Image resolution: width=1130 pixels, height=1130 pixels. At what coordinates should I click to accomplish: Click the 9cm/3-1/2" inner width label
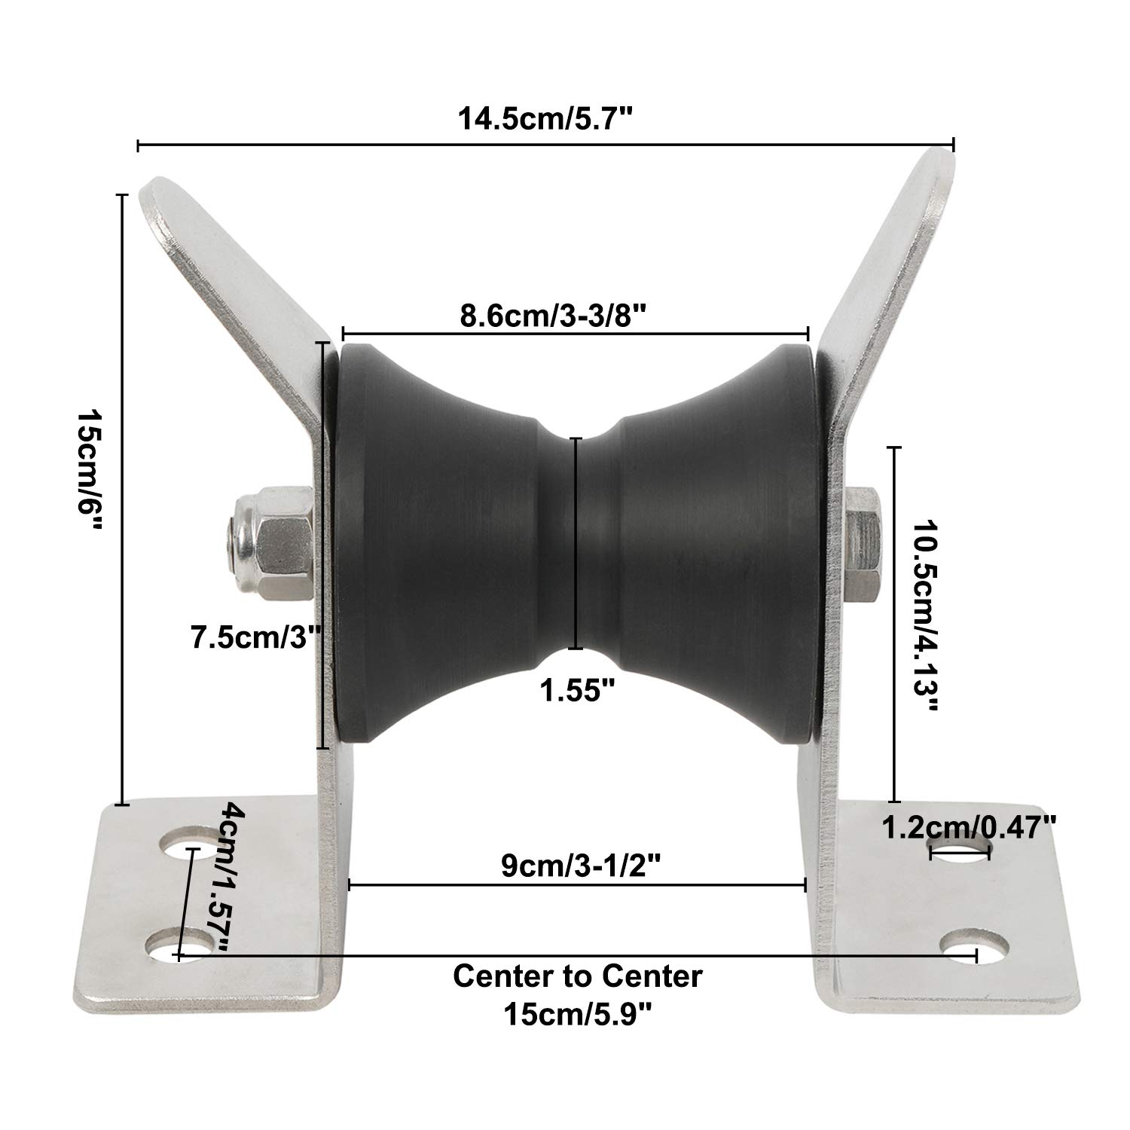(x=581, y=866)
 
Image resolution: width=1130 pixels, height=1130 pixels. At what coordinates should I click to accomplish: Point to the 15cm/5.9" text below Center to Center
(x=577, y=1015)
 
